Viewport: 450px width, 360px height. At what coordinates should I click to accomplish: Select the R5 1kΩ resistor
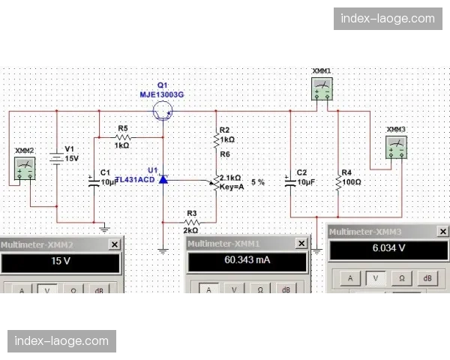tap(122, 137)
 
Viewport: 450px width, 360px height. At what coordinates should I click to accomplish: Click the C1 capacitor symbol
tap(94, 181)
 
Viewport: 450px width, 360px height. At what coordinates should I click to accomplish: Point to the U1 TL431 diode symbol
tap(163, 180)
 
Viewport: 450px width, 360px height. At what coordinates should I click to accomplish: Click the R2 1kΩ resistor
tap(217, 139)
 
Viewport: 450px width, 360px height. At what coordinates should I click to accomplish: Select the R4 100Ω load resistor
tap(338, 181)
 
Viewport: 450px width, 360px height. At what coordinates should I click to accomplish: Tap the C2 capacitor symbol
tap(290, 181)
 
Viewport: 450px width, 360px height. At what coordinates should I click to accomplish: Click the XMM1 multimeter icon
tap(322, 89)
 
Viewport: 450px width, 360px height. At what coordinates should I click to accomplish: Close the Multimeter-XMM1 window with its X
tap(301, 244)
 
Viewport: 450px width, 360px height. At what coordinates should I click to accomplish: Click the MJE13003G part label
tap(162, 94)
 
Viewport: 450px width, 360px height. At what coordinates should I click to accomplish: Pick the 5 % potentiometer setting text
tap(258, 182)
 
